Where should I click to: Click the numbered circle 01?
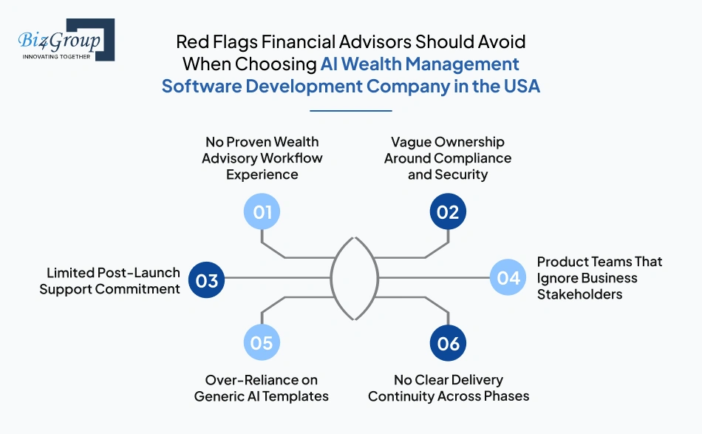262,211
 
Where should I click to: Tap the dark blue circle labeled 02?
448,211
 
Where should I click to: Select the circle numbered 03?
206,280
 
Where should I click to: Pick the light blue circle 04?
508,277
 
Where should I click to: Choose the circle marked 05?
262,342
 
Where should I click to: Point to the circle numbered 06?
448,343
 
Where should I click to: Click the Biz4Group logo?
67,39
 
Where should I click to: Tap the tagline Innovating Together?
56,56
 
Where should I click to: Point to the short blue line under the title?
351,111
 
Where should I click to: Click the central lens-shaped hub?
331,278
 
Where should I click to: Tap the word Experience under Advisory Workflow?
262,174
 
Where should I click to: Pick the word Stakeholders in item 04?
580,294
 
